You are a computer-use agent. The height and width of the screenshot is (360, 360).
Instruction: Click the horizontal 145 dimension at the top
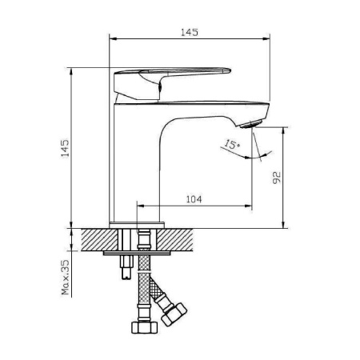point(190,33)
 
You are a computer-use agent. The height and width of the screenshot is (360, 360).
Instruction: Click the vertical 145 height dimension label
point(65,148)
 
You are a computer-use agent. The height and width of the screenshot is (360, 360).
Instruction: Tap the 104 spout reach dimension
point(194,199)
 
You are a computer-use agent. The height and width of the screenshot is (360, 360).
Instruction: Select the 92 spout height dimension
point(277,178)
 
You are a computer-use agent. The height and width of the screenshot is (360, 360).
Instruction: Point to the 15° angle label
point(232,144)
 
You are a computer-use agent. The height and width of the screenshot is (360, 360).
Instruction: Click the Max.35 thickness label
point(66,278)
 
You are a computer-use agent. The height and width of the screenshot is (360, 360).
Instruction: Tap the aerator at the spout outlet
point(250,124)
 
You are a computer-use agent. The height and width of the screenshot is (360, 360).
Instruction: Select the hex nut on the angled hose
point(174,314)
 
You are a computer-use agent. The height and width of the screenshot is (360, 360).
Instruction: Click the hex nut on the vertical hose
point(145,327)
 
